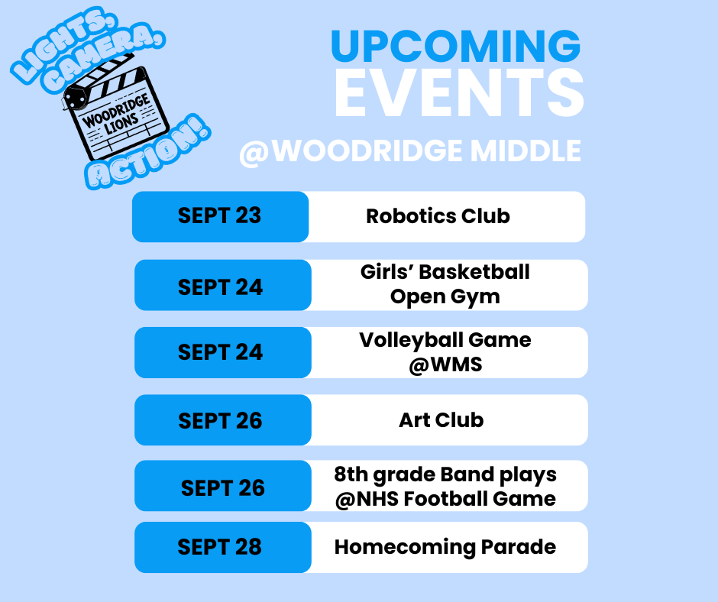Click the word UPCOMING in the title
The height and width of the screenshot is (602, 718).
tap(455, 47)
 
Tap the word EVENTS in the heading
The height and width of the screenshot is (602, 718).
tap(459, 93)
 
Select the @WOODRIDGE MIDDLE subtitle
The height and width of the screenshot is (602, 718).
tap(410, 151)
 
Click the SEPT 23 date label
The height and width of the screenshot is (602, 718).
tap(220, 216)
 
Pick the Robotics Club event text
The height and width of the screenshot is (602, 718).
tap(438, 216)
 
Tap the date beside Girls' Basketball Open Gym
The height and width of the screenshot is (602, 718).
tap(220, 287)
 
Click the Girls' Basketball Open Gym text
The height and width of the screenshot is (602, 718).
tap(445, 284)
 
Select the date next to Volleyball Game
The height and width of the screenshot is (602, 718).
tap(220, 352)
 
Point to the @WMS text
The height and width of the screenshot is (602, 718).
tap(445, 364)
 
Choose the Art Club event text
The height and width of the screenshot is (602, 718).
tap(441, 419)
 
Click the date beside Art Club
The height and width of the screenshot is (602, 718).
tap(220, 420)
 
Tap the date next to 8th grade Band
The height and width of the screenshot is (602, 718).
tap(222, 488)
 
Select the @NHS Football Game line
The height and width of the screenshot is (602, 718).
tap(445, 499)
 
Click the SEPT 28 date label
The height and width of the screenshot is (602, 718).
tap(220, 547)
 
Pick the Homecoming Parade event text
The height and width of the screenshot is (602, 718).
tap(445, 547)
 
